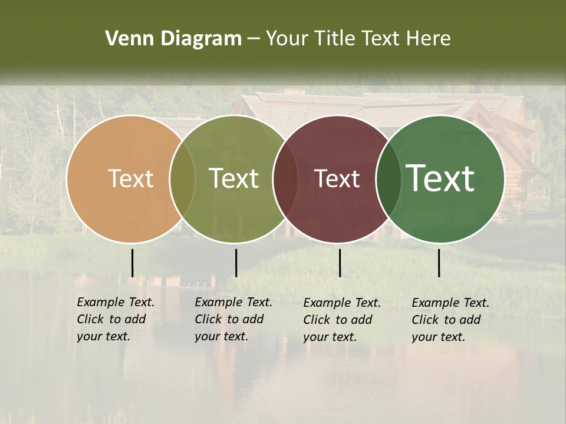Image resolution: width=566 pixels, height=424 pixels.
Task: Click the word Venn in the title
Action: (x=125, y=39)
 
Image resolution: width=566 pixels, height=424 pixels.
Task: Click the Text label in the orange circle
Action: (x=130, y=179)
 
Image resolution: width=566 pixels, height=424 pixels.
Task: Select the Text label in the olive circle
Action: (x=234, y=179)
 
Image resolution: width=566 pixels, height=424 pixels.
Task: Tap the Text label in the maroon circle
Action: (x=337, y=179)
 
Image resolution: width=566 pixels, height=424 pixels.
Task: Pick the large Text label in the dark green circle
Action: (x=440, y=178)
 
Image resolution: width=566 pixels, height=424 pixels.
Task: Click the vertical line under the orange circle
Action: (x=132, y=263)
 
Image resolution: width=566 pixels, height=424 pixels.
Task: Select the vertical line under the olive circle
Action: (x=236, y=263)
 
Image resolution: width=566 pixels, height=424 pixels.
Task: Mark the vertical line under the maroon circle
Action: (x=340, y=263)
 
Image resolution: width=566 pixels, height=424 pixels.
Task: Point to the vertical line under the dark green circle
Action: (x=439, y=263)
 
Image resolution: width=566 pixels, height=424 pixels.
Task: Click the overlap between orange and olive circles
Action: (x=182, y=179)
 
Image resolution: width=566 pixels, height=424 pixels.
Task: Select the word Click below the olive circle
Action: (x=208, y=319)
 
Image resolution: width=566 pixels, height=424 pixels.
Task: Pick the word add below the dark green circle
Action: (x=470, y=320)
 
